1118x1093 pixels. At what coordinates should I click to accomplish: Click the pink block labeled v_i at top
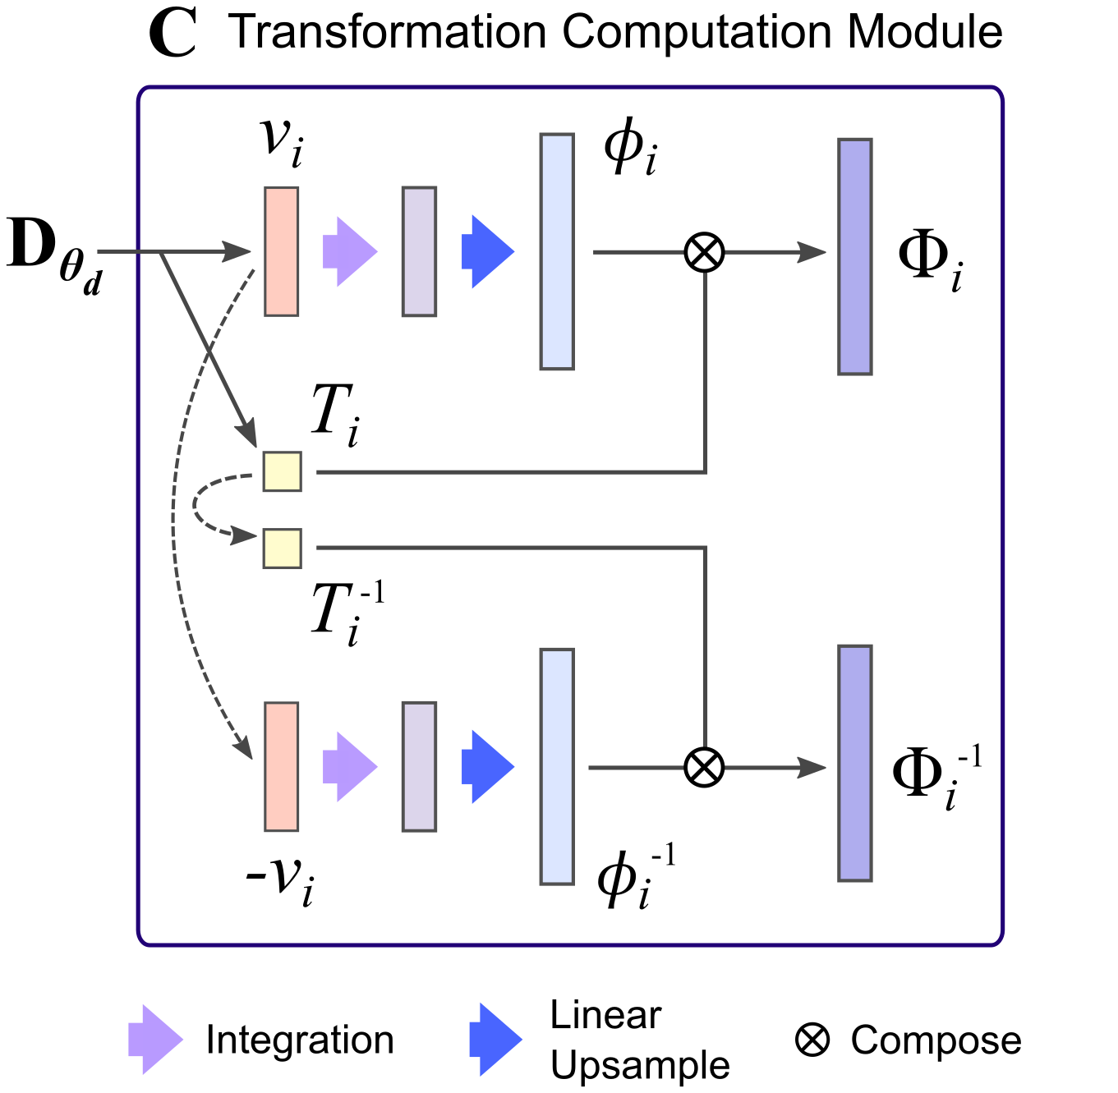pos(281,251)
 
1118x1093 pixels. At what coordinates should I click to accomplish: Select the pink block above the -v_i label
pos(281,766)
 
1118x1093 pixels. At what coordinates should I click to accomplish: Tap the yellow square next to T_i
pos(282,471)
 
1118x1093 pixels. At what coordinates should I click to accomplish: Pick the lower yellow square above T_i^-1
pos(282,548)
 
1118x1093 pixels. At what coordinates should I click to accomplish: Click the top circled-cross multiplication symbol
pos(704,251)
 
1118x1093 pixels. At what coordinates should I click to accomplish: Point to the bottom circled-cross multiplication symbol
pos(704,767)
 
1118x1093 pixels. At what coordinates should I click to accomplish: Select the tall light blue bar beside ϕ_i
pos(557,251)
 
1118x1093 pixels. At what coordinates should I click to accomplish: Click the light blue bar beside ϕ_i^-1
pos(557,766)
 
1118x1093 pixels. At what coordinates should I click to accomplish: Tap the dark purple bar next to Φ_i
pos(854,256)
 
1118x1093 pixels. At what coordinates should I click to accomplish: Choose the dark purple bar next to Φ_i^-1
pos(854,763)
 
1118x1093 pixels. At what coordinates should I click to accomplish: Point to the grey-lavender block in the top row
pos(419,251)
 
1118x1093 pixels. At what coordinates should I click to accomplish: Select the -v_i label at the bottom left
pos(280,879)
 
